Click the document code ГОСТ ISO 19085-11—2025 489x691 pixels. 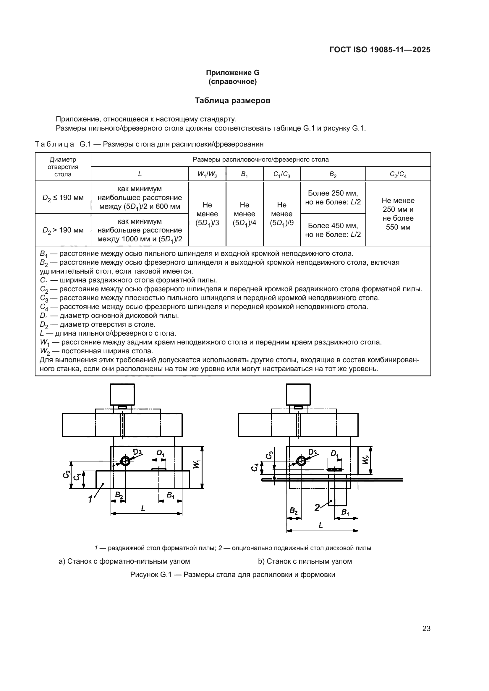380,50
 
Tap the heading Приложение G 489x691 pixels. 232,73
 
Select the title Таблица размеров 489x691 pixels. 232,100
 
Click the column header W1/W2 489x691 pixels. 207,174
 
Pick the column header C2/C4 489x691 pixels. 398,174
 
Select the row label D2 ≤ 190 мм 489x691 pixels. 63,198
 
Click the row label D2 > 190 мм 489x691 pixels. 63,230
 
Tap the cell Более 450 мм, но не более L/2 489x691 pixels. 333,230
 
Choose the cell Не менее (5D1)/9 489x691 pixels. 281,214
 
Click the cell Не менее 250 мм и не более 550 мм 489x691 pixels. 398,214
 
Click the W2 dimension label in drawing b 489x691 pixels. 365,460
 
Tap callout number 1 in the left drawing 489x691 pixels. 90,499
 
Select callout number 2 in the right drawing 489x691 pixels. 317,508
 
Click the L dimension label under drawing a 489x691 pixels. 143,508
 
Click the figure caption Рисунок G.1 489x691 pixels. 232,575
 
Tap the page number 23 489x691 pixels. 426,628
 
